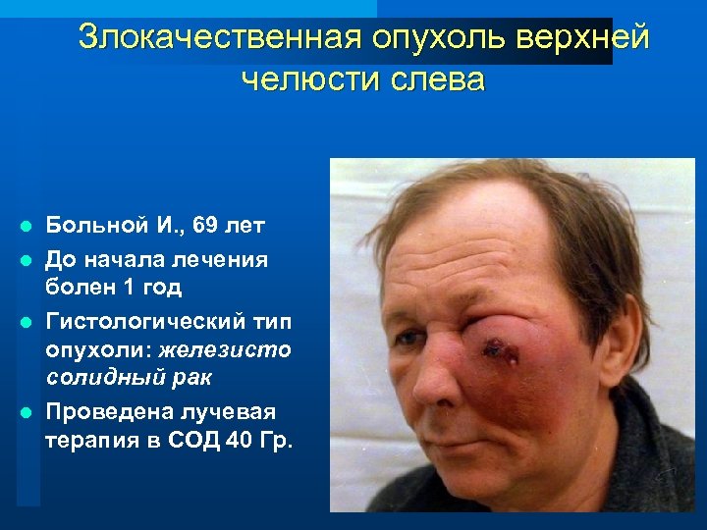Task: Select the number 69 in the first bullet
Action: coord(207,227)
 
